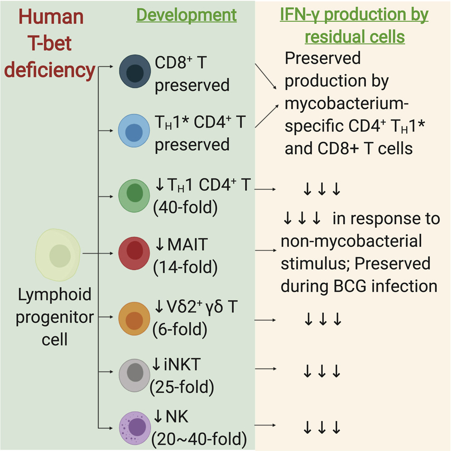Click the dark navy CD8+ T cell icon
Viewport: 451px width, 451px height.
click(134, 71)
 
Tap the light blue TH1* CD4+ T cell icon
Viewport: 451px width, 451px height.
click(134, 130)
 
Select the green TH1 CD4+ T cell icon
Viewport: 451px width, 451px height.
click(134, 194)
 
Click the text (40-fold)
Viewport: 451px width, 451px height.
click(186, 209)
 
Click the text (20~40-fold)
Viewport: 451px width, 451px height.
click(199, 439)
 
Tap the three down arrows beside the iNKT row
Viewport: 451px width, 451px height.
click(322, 372)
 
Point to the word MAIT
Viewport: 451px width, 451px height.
click(187, 245)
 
